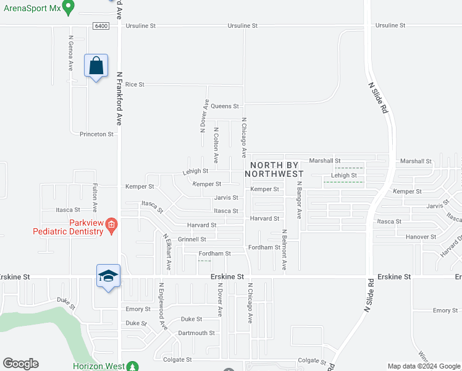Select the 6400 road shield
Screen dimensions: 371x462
pos(102,26)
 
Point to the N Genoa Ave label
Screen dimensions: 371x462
pos(71,54)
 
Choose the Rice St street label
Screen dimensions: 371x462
pos(135,84)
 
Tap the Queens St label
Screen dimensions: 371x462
pos(225,106)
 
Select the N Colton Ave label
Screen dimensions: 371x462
pos(216,145)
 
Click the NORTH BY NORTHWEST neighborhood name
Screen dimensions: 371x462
pos(274,169)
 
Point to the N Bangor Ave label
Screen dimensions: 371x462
pos(298,200)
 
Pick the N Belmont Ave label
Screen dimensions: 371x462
pos(284,250)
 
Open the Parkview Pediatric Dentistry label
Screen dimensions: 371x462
pos(68,227)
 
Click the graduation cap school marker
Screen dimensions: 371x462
pos(108,276)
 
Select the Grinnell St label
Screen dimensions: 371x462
pos(192,239)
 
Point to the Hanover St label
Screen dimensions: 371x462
pos(421,237)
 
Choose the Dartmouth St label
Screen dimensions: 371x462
pos(196,333)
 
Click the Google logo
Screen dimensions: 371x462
pos(20,364)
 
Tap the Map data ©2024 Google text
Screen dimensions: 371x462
pos(424,366)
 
